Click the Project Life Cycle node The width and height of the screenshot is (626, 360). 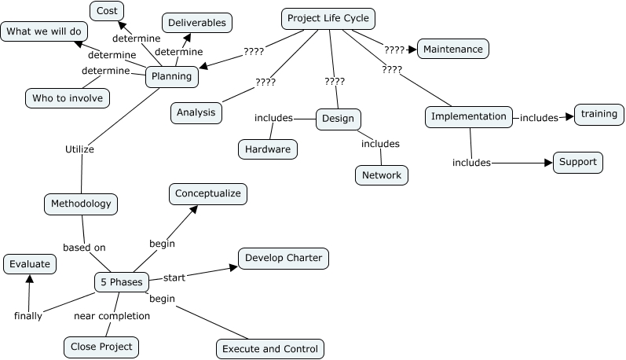(328, 18)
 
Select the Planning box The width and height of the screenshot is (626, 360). (172, 77)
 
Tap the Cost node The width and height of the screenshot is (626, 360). (107, 11)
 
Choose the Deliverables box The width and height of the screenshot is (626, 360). (197, 23)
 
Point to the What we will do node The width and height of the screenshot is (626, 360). (44, 32)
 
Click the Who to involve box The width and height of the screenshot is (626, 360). (68, 98)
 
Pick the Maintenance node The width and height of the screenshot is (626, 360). (453, 49)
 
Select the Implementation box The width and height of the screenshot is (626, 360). (470, 116)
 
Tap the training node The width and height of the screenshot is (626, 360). (599, 114)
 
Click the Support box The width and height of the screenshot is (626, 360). (579, 162)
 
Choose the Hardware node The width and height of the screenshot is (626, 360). (268, 149)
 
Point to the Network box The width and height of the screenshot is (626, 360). (382, 174)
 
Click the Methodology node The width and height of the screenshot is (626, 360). (81, 204)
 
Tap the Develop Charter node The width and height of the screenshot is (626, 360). (282, 258)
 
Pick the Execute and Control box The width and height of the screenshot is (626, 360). (269, 349)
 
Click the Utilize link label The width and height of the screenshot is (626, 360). (79, 149)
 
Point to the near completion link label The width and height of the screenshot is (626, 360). (112, 316)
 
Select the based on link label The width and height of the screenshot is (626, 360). (84, 248)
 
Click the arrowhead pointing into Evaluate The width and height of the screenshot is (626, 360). (28, 279)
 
